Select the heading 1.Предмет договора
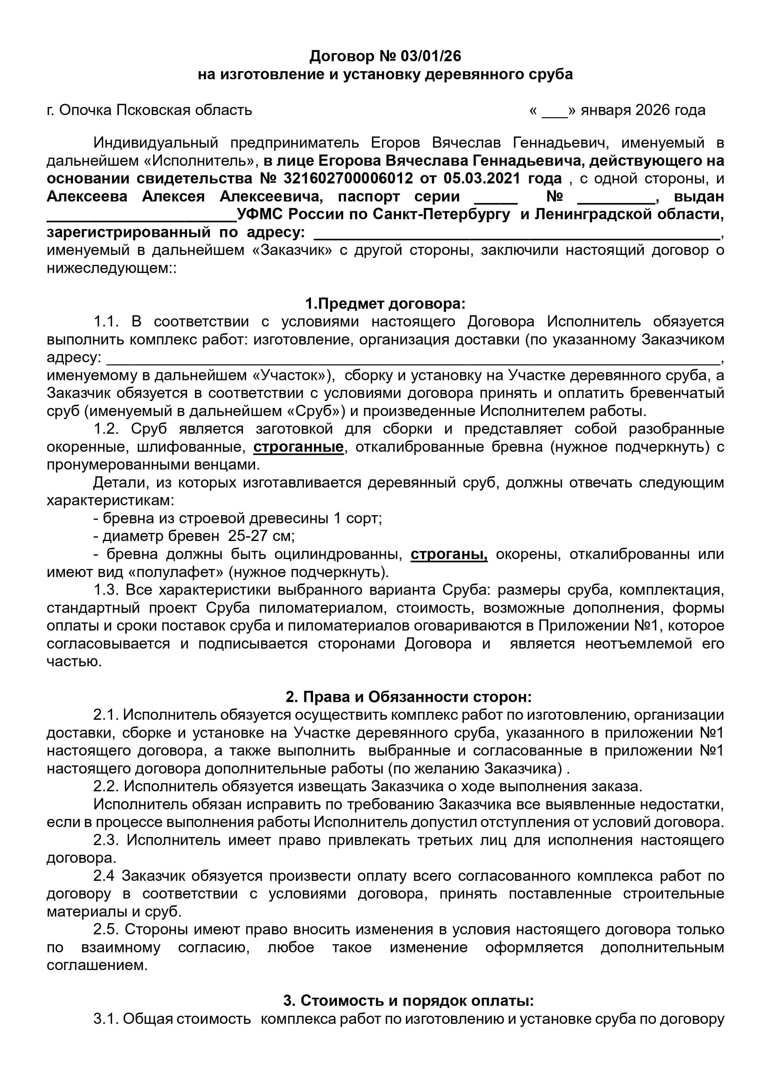385,303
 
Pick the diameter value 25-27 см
261,536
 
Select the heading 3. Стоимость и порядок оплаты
409,1001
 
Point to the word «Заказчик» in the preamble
292,250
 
